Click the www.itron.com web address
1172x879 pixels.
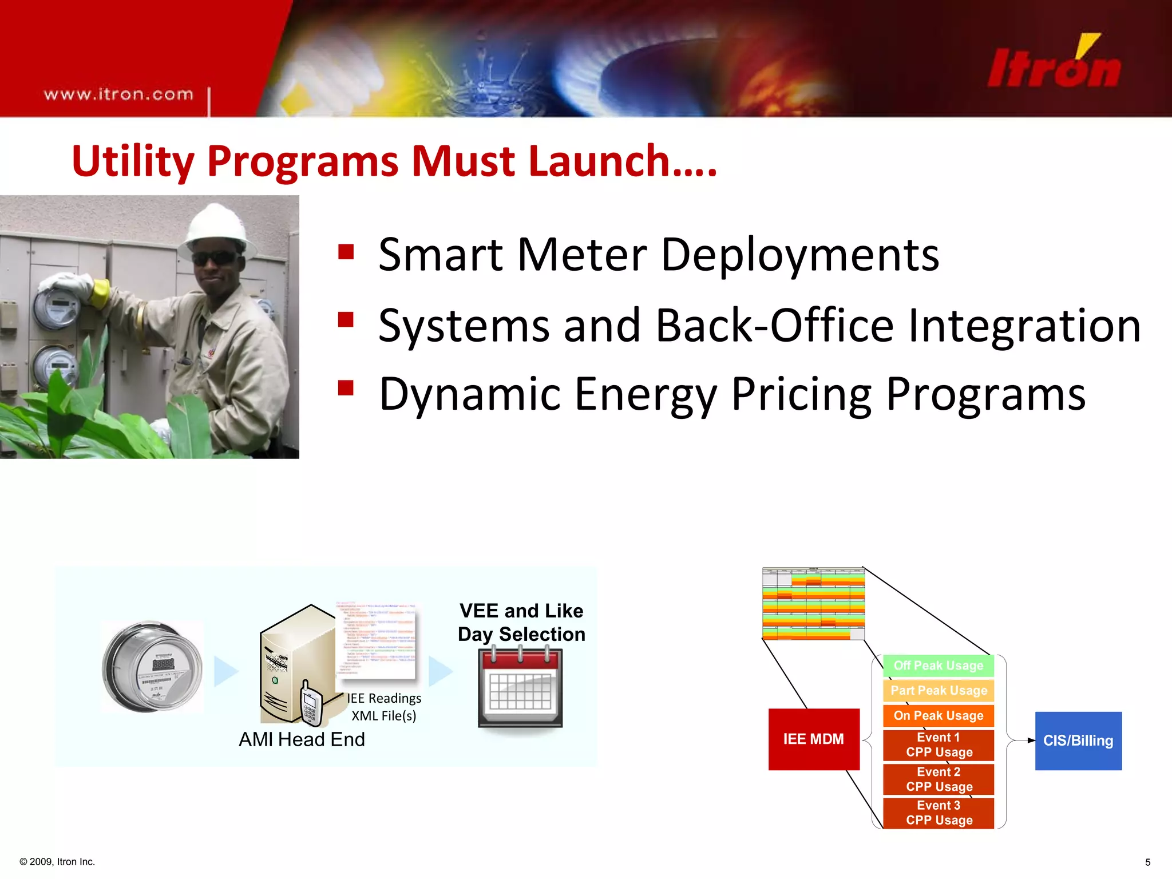[x=118, y=94]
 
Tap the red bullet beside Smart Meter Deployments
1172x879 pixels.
[x=346, y=252]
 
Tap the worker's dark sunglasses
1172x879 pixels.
[x=216, y=258]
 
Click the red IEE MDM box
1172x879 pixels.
[x=813, y=739]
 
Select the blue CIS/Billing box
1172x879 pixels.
[x=1078, y=741]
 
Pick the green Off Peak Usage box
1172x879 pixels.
[x=938, y=666]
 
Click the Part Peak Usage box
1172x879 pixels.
[x=938, y=691]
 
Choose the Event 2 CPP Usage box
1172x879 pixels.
[x=938, y=779]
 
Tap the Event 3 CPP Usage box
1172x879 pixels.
[x=938, y=813]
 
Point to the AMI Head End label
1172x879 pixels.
[x=302, y=739]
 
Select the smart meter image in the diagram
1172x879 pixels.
[x=152, y=667]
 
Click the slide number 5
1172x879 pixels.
[x=1147, y=862]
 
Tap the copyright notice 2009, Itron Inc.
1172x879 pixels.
[x=57, y=862]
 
